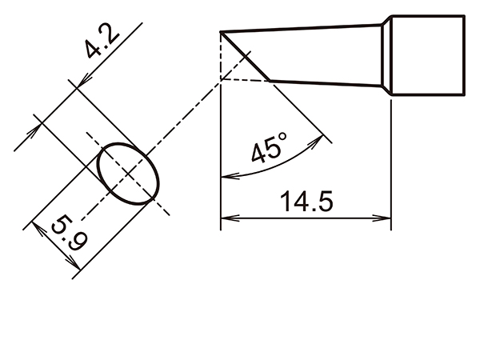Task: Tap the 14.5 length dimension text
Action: pyautogui.click(x=306, y=202)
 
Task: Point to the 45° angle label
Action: pyautogui.click(x=269, y=150)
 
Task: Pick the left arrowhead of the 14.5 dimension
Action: pyautogui.click(x=226, y=218)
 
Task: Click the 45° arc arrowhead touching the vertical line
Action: pyautogui.click(x=225, y=177)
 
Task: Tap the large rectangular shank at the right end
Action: pyautogui.click(x=430, y=56)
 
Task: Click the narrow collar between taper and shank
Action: pyautogui.click(x=388, y=56)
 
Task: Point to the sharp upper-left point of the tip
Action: pyautogui.click(x=222, y=32)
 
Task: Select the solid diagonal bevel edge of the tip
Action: pyautogui.click(x=246, y=55)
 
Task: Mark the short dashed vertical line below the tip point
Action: pyautogui.click(x=220, y=56)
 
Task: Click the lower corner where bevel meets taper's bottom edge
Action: pyautogui.click(x=270, y=80)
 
